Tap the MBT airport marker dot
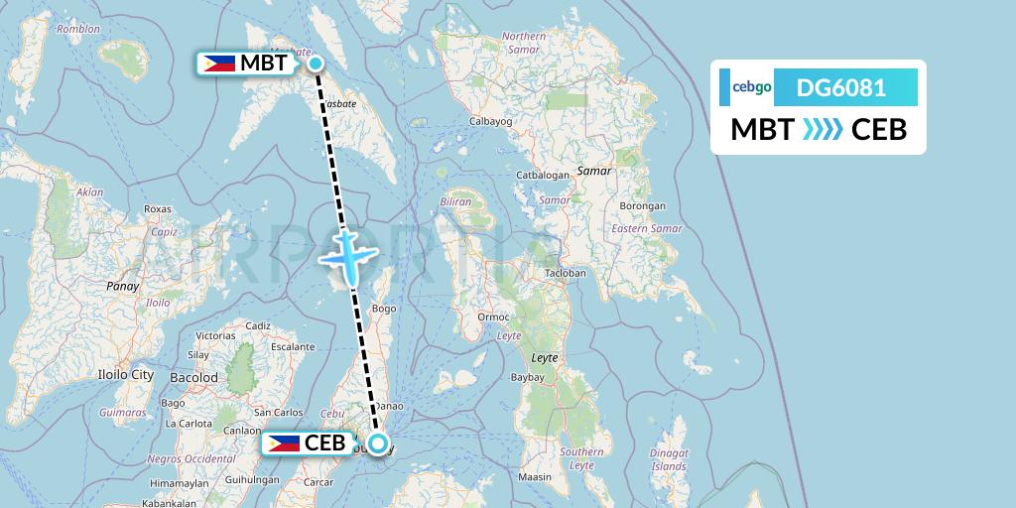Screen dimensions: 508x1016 [316, 64]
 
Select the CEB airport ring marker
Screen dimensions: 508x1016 [378, 443]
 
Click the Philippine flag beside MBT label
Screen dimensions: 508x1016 [219, 64]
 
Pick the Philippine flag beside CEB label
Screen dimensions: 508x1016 [283, 443]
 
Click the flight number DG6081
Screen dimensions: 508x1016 [841, 87]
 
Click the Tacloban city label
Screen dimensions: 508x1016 [566, 273]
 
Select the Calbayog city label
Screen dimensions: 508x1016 [489, 123]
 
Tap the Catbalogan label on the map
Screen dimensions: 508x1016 [544, 175]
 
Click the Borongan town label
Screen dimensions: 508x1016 [644, 206]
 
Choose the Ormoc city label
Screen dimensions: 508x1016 [493, 317]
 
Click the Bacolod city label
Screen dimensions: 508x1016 [194, 378]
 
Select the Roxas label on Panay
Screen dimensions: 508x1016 [158, 209]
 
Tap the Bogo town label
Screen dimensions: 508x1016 [383, 310]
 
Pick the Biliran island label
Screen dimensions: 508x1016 [456, 200]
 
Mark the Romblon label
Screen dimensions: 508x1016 [79, 30]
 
